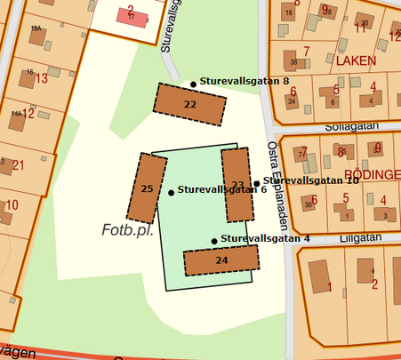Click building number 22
click(189, 104)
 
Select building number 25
click(147, 188)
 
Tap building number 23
click(237, 185)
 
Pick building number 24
click(221, 260)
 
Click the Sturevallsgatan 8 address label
click(245, 81)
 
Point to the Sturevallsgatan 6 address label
click(222, 189)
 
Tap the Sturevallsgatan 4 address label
click(265, 238)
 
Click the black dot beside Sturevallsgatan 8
click(193, 84)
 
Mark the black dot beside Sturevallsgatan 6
click(171, 192)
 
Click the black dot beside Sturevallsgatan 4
click(214, 241)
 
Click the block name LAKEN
click(357, 62)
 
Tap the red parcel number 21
click(18, 165)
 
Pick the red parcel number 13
click(41, 78)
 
